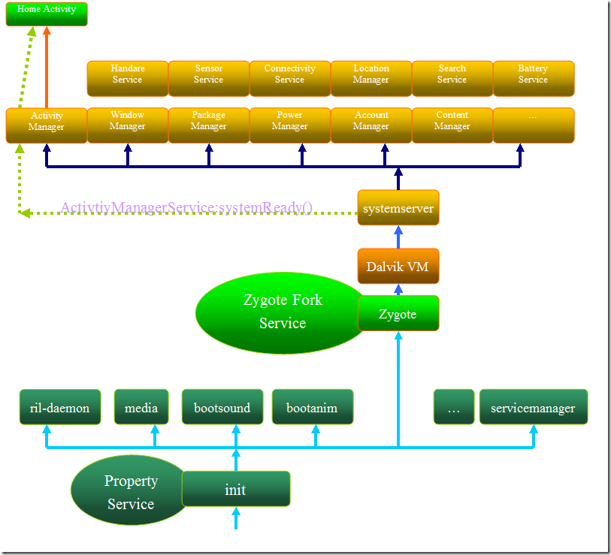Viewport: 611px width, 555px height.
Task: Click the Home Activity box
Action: pos(47,14)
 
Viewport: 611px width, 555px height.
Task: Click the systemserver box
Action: pos(398,208)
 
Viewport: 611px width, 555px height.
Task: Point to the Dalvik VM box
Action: pos(398,266)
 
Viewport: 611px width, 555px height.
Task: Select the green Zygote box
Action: pos(398,313)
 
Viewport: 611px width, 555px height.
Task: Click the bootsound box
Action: pos(222,407)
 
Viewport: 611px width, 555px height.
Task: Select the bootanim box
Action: pos(312,407)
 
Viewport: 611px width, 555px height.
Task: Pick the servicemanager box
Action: pos(533,407)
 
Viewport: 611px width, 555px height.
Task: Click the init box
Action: pos(235,489)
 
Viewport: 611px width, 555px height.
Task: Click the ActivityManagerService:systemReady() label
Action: pos(186,207)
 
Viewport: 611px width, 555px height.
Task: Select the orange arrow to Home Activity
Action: pos(47,68)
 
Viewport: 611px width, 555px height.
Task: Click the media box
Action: pos(141,407)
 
